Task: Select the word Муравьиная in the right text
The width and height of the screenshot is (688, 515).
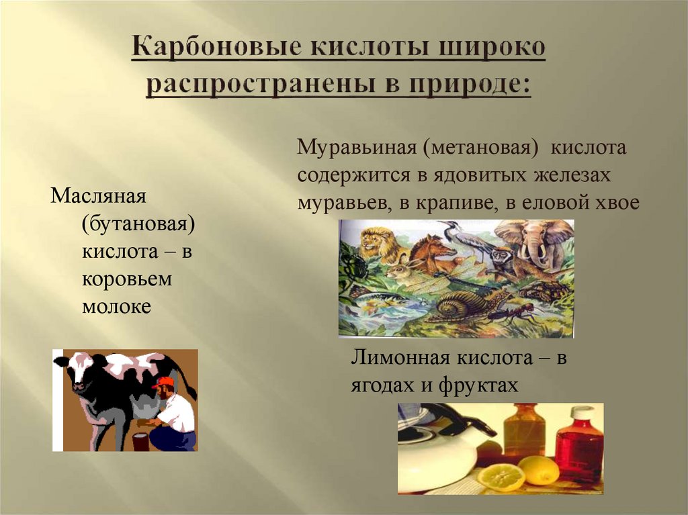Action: click(x=357, y=147)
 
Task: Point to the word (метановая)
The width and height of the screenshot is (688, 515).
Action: click(x=479, y=147)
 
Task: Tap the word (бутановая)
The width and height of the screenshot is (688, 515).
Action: click(x=138, y=225)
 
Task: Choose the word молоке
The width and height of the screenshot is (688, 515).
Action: click(x=116, y=307)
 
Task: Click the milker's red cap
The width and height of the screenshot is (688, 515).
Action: click(x=163, y=382)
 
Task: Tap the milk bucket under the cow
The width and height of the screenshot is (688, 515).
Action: click(x=140, y=441)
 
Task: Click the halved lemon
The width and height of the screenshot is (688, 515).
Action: click(x=501, y=477)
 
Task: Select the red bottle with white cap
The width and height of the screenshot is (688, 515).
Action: click(x=578, y=444)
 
